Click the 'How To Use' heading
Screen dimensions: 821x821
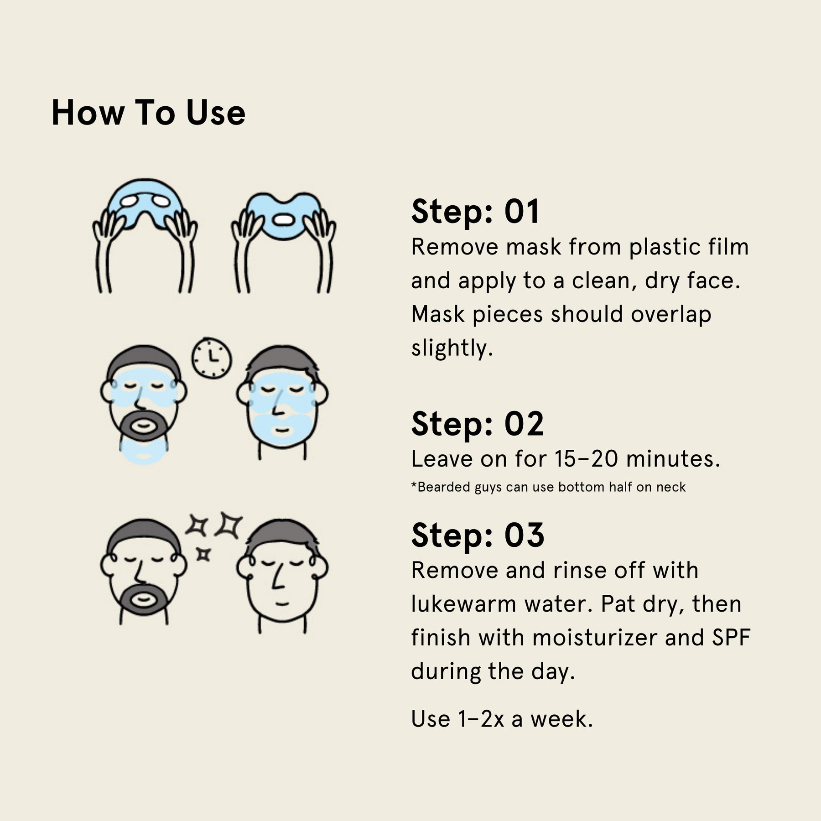(149, 113)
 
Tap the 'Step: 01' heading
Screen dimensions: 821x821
(476, 212)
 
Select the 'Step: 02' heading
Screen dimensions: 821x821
(478, 424)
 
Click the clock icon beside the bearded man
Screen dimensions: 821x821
(211, 358)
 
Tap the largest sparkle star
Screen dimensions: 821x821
(229, 525)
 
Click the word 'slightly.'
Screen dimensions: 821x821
(452, 348)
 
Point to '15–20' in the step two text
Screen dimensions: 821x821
(586, 459)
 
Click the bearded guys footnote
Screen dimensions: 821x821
(548, 487)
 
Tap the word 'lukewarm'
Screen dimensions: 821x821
(463, 604)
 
